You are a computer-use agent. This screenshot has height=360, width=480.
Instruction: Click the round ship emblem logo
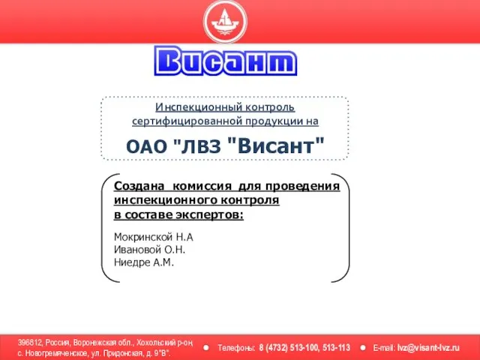click(x=225, y=21)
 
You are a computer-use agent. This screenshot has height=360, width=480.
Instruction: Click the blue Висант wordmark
click(x=226, y=61)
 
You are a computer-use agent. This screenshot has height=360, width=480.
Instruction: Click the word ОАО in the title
click(x=147, y=147)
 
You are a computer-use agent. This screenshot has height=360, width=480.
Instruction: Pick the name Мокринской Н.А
click(x=153, y=237)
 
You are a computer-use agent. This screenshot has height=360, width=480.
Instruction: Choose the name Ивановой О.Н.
click(x=150, y=250)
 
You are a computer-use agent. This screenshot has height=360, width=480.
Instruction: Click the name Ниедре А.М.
click(x=144, y=262)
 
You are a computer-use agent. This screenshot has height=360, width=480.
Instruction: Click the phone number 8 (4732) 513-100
click(x=288, y=348)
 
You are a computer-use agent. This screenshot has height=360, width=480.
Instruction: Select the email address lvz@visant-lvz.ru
click(x=428, y=348)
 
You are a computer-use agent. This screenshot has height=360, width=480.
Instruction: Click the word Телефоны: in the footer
click(x=236, y=348)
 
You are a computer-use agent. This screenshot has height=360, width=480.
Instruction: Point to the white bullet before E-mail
click(x=363, y=348)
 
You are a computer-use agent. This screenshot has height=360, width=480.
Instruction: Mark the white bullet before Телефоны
click(x=206, y=348)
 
